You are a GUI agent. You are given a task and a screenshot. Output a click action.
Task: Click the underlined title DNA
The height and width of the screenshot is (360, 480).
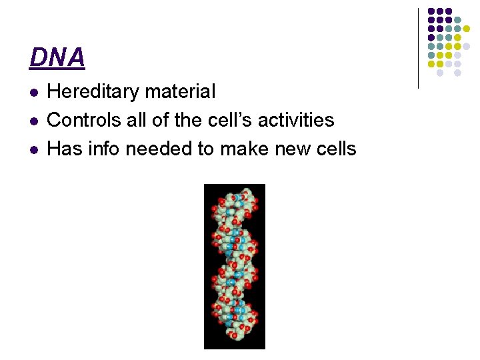(x=57, y=58)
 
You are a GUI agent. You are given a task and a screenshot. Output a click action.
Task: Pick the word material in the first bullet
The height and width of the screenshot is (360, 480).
(x=185, y=92)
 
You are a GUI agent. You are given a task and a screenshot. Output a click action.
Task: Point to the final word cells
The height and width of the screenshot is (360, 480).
(x=333, y=149)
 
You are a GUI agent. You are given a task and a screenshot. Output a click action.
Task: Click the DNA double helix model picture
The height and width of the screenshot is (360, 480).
(x=234, y=266)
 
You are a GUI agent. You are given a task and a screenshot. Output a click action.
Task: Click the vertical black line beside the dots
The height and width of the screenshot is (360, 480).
(x=418, y=48)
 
